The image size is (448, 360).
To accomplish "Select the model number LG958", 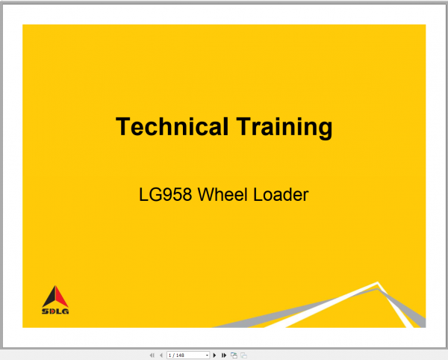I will tap(164, 196).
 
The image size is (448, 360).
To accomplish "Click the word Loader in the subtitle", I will tap(281, 196).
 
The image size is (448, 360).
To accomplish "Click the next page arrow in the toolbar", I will tap(215, 356).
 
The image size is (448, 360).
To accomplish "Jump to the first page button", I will tap(152, 356).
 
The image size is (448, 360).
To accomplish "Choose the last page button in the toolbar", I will tap(224, 356).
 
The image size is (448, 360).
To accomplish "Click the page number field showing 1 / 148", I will tap(184, 356).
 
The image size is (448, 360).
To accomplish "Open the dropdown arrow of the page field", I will tap(207, 356).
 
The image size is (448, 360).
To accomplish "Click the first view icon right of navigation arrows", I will tap(234, 356).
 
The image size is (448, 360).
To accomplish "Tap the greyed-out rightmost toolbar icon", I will tap(243, 356).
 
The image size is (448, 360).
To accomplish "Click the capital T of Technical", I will tap(122, 127).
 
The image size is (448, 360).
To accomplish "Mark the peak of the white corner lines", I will tap(378, 283).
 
